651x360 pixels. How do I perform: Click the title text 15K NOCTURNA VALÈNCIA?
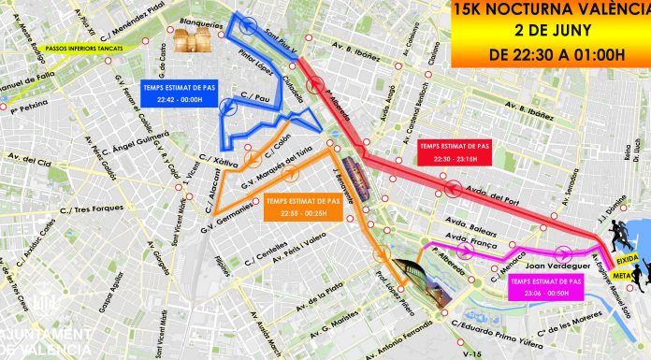(x=550, y=10)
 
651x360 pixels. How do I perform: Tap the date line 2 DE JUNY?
(x=550, y=31)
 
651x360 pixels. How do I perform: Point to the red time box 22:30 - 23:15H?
(x=454, y=151)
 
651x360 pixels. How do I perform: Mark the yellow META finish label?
(x=623, y=275)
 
